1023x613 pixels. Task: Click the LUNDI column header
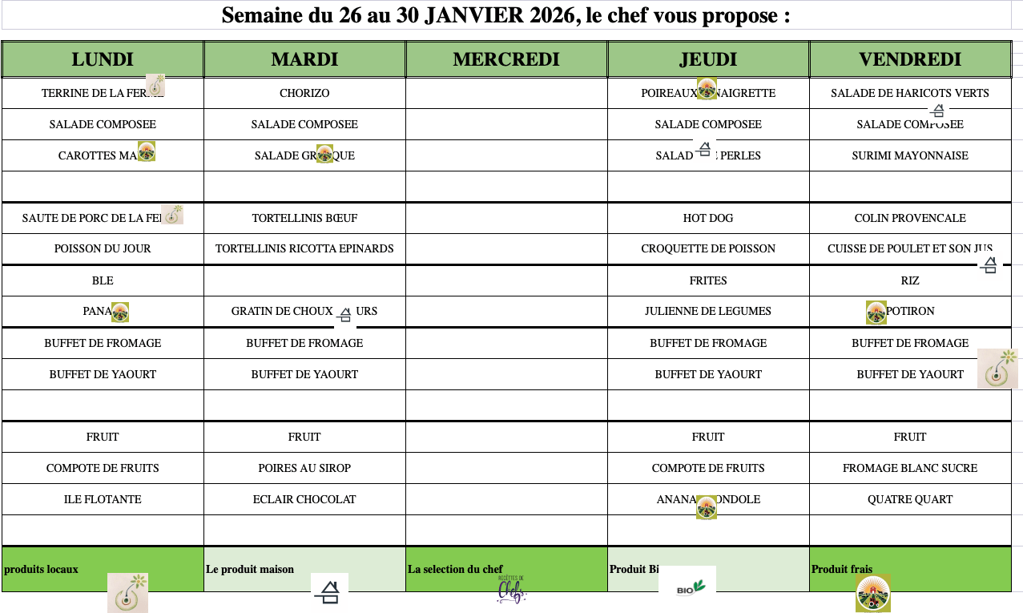[x=103, y=59]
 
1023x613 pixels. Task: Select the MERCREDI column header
[x=506, y=59]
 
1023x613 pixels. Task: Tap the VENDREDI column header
[x=910, y=59]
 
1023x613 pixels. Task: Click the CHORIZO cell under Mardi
[x=304, y=93]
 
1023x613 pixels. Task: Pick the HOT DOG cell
[x=708, y=218]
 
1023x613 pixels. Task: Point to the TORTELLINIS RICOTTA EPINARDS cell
[x=304, y=248]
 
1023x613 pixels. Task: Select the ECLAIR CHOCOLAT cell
[x=304, y=499]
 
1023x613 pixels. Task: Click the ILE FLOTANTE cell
[x=103, y=499]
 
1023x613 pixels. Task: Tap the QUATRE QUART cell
[x=910, y=499]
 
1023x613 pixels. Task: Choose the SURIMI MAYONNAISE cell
[x=910, y=155]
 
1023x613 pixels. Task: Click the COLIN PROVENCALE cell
[x=910, y=218]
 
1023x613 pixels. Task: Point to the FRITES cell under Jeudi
[x=708, y=280]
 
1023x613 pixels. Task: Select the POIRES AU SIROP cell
[x=304, y=468]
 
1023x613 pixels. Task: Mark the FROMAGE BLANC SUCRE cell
[x=910, y=468]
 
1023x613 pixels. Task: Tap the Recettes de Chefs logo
[x=511, y=591]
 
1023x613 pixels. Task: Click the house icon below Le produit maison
[x=329, y=592]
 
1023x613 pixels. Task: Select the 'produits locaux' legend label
[x=42, y=569]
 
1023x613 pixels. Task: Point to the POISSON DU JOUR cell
[x=103, y=248]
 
